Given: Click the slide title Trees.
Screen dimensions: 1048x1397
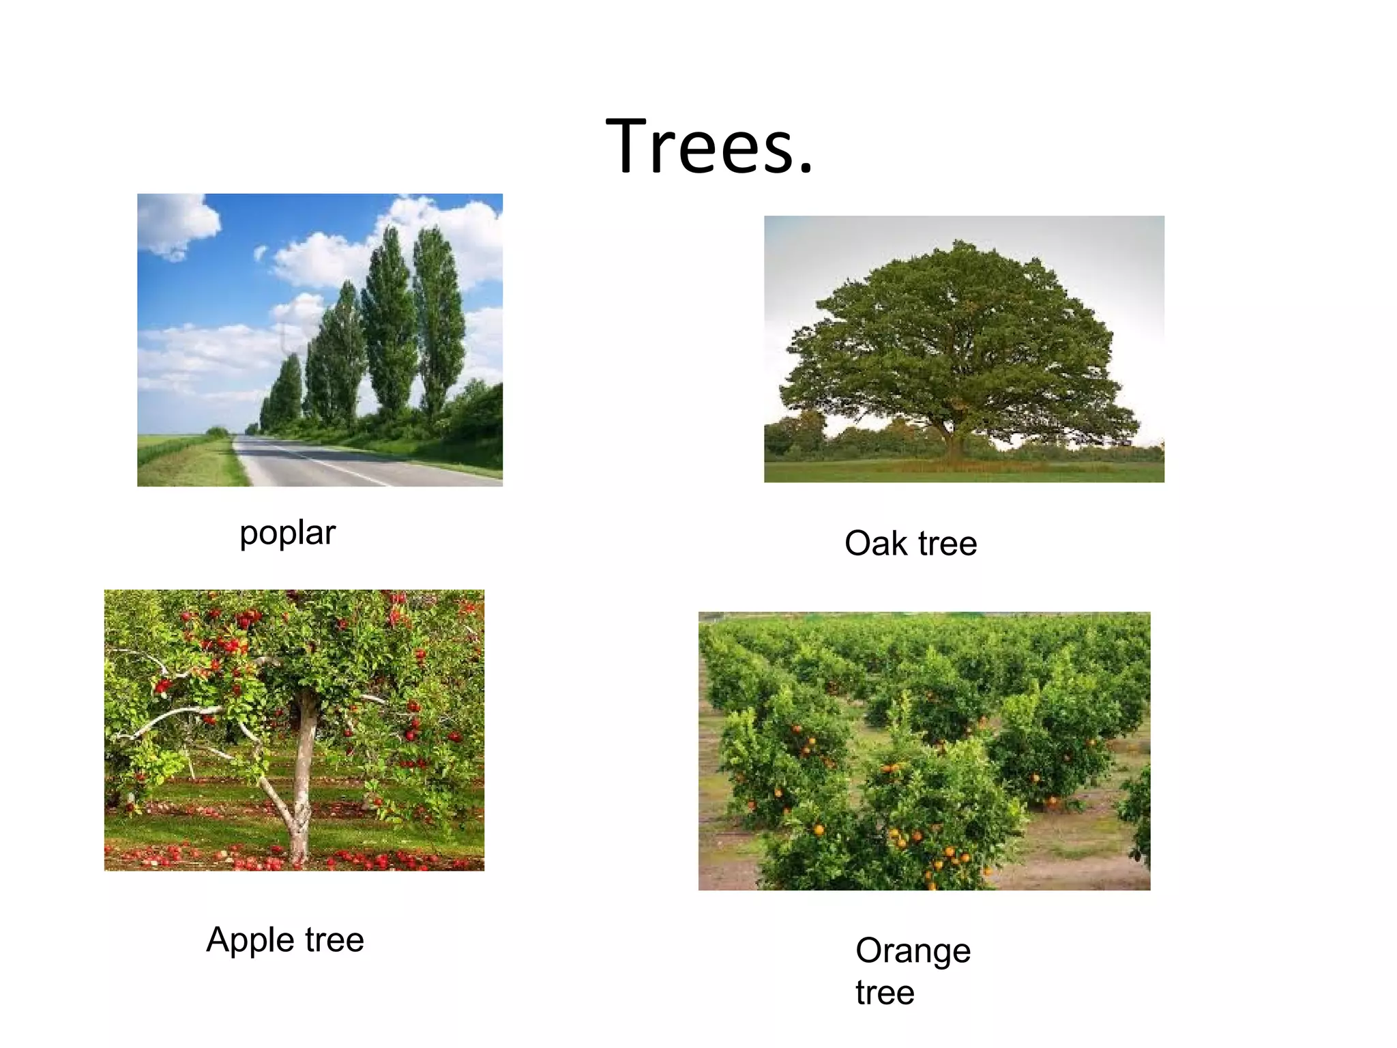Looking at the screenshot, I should [709, 146].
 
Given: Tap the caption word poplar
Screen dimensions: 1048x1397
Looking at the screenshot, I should [287, 533].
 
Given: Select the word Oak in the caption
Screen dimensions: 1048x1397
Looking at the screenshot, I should [876, 544].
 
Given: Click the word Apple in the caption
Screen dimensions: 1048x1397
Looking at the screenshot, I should [250, 940].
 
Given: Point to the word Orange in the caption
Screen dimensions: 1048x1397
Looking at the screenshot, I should [913, 951].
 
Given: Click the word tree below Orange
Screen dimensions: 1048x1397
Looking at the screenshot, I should [885, 993].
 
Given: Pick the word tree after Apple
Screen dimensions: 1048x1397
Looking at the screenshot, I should [334, 940].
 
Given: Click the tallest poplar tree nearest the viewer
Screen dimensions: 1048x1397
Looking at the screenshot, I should [438, 321].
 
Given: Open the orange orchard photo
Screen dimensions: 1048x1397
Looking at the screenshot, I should [924, 751].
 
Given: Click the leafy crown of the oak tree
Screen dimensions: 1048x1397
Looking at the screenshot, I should [955, 327].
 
